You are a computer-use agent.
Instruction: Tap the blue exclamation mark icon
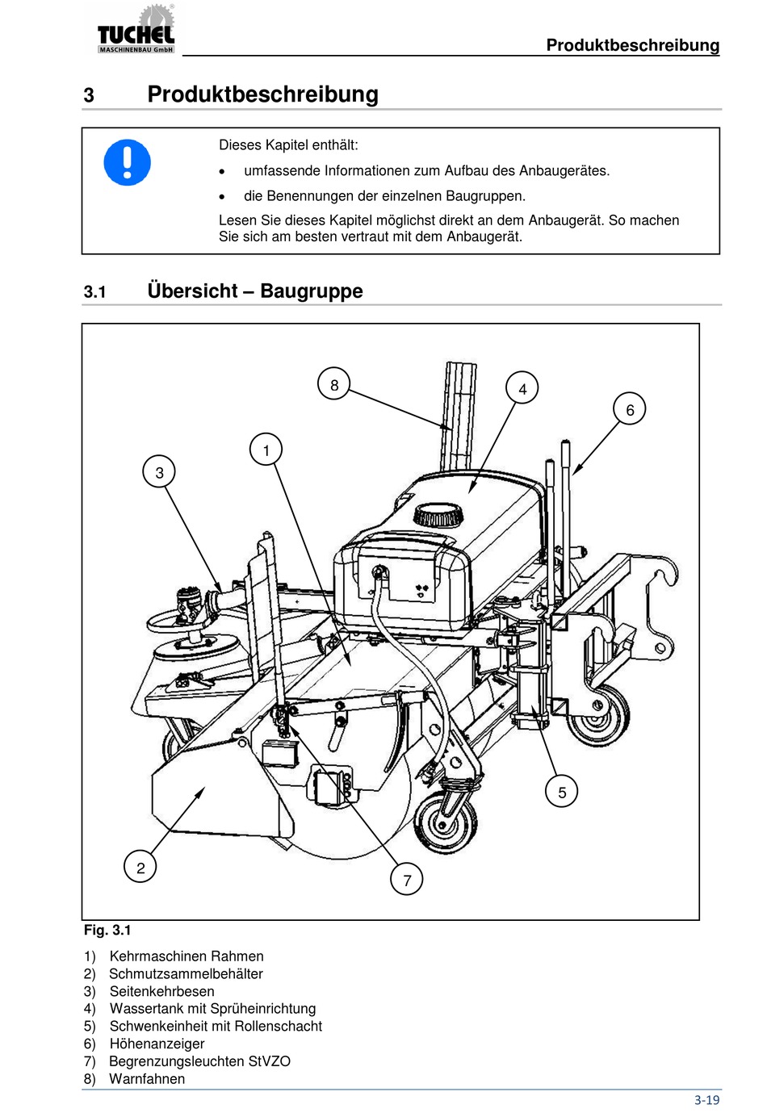pyautogui.click(x=128, y=162)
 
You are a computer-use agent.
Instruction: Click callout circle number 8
pyautogui.click(x=334, y=385)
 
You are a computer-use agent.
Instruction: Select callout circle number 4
pyautogui.click(x=522, y=388)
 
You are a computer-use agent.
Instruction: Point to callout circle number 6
pyautogui.click(x=630, y=409)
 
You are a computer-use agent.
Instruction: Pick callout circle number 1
pyautogui.click(x=266, y=450)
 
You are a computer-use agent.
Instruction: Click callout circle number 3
pyautogui.click(x=159, y=472)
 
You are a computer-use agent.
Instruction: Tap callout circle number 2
pyautogui.click(x=140, y=868)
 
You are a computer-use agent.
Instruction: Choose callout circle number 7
pyautogui.click(x=407, y=880)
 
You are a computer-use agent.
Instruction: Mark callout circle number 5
pyautogui.click(x=562, y=792)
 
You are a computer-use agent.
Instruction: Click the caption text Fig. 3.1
pyautogui.click(x=107, y=930)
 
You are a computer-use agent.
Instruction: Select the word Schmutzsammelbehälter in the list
pyautogui.click(x=186, y=974)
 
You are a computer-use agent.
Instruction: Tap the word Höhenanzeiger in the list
pyautogui.click(x=157, y=1044)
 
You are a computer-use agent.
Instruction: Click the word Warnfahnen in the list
pyautogui.click(x=147, y=1079)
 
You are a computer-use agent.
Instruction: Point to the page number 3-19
pyautogui.click(x=706, y=1100)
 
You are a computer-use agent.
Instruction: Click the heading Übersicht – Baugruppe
pyautogui.click(x=255, y=291)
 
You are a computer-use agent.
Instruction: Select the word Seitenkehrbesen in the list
pyautogui.click(x=161, y=992)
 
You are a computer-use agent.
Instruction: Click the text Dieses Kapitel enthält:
pyautogui.click(x=288, y=145)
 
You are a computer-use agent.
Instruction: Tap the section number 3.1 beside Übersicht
pyautogui.click(x=95, y=292)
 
